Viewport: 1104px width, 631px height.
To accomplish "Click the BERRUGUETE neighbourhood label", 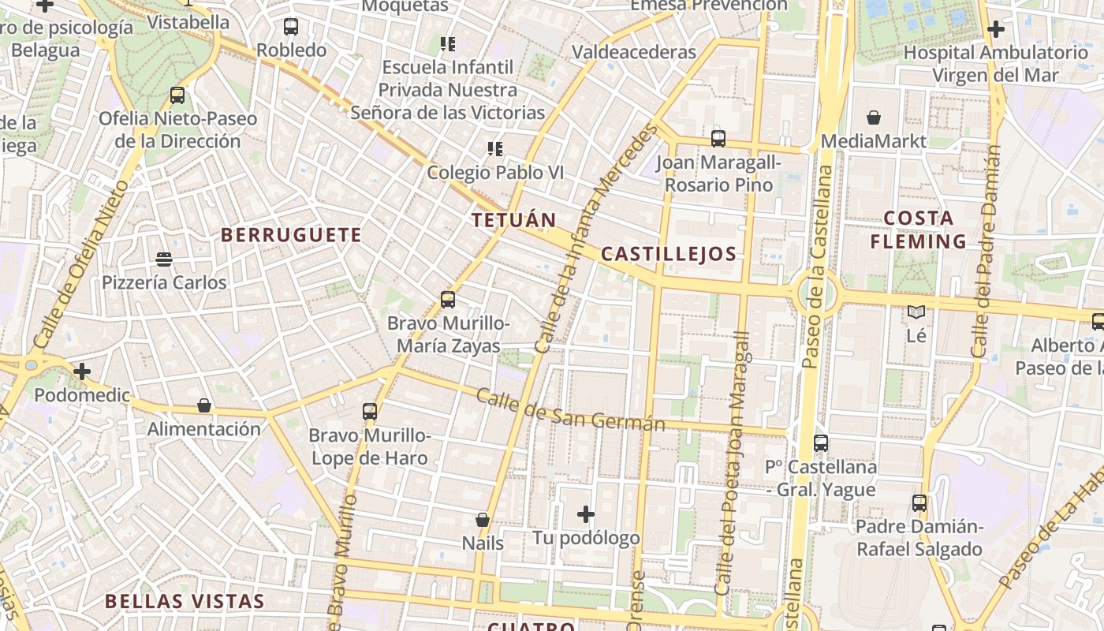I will coord(291,235).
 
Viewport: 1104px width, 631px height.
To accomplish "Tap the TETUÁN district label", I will coord(514,220).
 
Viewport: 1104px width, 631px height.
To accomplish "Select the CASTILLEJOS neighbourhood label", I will coord(669,254).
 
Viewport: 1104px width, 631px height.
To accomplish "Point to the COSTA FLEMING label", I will coord(919,230).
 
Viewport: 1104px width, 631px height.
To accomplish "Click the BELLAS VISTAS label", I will coord(185,601).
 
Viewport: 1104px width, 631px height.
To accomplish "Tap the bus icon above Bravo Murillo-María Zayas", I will coord(448,300).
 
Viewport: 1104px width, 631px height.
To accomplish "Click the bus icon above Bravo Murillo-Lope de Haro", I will coord(370,411).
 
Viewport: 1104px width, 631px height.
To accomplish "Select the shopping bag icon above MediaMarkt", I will coord(874,118).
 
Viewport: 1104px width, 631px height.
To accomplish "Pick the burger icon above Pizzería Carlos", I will coord(164,259).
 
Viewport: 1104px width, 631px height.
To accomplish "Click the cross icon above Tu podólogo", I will coord(586,514).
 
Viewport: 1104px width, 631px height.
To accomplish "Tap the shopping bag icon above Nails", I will coord(483,520).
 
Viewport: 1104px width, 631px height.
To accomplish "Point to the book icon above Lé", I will coord(916,312).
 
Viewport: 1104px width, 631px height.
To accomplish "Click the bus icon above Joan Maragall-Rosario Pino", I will coord(718,139).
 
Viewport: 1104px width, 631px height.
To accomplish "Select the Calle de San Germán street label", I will coord(571,411).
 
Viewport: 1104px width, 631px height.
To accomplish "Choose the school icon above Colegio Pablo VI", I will coord(495,148).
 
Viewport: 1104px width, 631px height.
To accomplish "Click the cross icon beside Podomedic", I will coord(82,371).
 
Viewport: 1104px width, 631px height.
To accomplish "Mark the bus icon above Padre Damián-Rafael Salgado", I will coord(919,502).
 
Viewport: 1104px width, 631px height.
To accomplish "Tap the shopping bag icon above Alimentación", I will coord(204,405).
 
